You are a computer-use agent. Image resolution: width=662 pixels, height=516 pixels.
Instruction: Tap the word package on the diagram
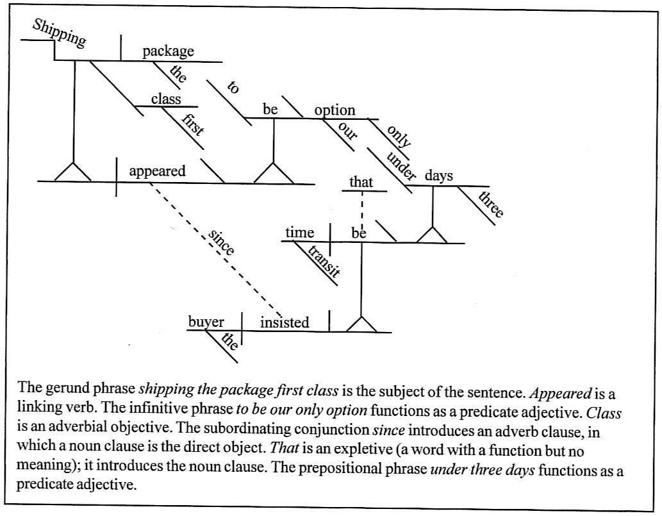(x=168, y=51)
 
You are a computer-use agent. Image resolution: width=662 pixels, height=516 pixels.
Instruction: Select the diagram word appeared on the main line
(x=157, y=171)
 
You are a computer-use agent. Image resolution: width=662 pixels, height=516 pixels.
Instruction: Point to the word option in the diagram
(x=335, y=110)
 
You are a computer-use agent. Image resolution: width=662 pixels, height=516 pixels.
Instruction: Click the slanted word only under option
(x=399, y=135)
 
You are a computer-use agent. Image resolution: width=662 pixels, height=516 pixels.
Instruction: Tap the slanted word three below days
(x=492, y=203)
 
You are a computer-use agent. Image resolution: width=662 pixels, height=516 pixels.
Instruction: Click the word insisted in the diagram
(x=285, y=322)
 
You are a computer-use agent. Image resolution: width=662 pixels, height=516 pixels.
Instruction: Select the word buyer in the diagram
(x=206, y=322)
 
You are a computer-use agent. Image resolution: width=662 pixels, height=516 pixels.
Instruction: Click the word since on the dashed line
(x=221, y=242)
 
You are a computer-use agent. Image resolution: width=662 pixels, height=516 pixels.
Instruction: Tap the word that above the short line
(x=361, y=182)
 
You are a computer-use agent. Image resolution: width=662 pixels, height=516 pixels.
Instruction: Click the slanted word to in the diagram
(x=233, y=87)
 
